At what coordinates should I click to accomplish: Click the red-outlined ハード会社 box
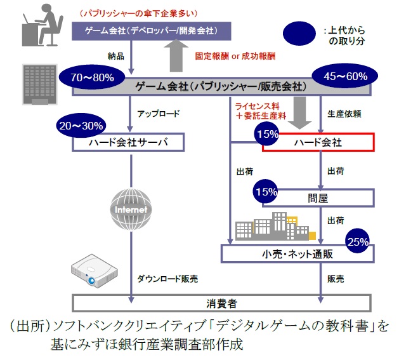click(319, 142)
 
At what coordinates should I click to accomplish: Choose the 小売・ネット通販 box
click(294, 254)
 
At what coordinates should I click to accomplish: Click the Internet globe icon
click(131, 209)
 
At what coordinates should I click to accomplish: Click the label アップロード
click(159, 114)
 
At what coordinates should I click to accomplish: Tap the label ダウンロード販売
click(167, 278)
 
